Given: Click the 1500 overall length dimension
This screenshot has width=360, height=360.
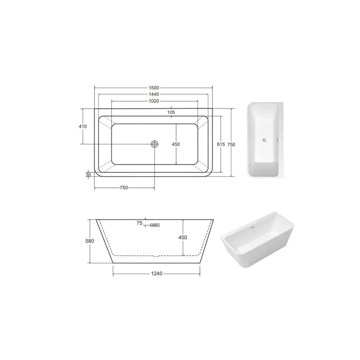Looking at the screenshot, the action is pyautogui.click(x=153, y=88).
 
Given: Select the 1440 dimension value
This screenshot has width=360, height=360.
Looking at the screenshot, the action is pyautogui.click(x=153, y=94).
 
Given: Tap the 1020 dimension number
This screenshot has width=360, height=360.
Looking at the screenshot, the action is pyautogui.click(x=153, y=101).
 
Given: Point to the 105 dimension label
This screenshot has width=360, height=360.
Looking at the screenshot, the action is pyautogui.click(x=171, y=112).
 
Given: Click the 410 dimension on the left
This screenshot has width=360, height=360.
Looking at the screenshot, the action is pyautogui.click(x=83, y=126).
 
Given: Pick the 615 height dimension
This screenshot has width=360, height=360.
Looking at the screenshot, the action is pyautogui.click(x=220, y=144).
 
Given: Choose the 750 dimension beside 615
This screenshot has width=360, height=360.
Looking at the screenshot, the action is pyautogui.click(x=231, y=144).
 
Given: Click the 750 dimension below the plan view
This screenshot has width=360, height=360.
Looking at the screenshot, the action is pyautogui.click(x=123, y=188).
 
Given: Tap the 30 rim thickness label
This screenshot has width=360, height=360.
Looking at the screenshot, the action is pyautogui.click(x=88, y=175).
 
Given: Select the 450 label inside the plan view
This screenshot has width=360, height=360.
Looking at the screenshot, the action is pyautogui.click(x=175, y=144).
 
